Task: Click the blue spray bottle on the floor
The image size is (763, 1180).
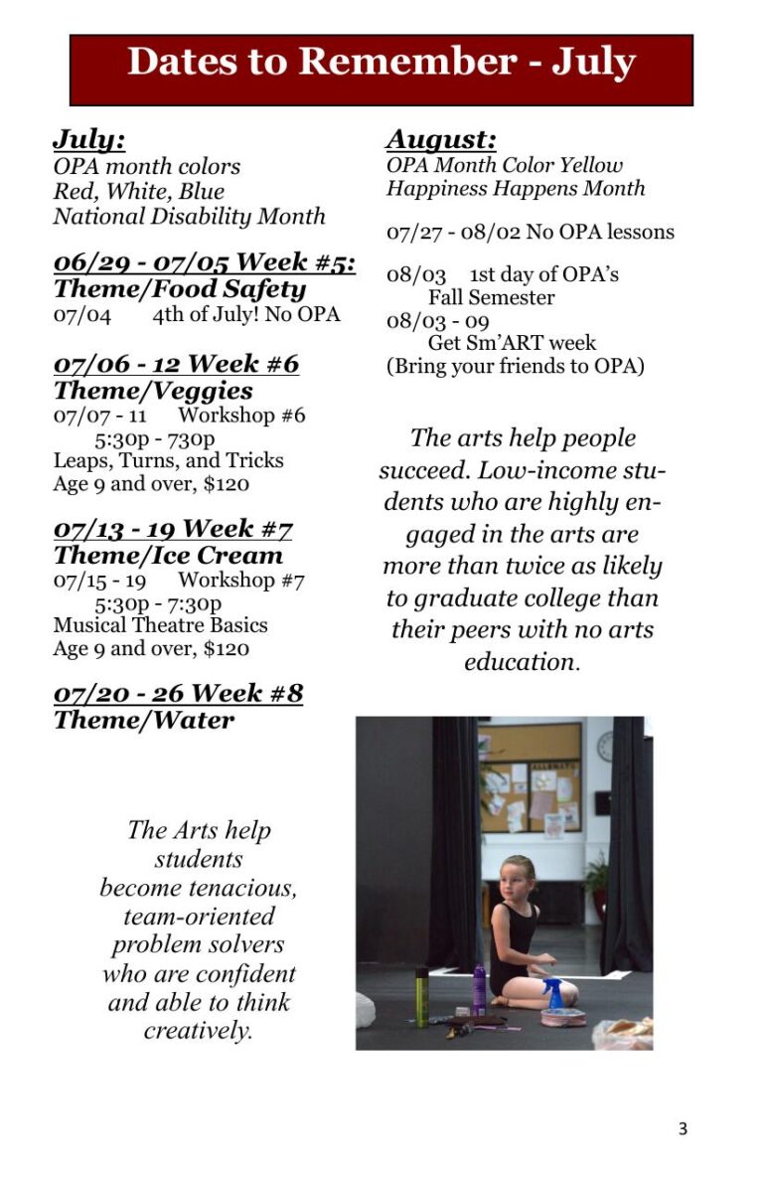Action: pyautogui.click(x=553, y=993)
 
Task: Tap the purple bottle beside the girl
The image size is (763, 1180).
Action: pyautogui.click(x=479, y=988)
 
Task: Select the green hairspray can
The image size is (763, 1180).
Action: pyautogui.click(x=422, y=996)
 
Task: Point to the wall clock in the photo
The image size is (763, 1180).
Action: pyautogui.click(x=605, y=746)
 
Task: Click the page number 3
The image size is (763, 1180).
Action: pyautogui.click(x=682, y=1128)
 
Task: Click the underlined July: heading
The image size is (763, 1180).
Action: pyautogui.click(x=88, y=138)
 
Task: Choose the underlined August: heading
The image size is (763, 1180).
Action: pyautogui.click(x=441, y=138)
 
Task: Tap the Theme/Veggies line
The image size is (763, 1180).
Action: pyautogui.click(x=153, y=391)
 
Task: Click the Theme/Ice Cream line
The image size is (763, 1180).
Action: pyautogui.click(x=168, y=555)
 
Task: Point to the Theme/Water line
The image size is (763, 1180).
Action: pyautogui.click(x=144, y=720)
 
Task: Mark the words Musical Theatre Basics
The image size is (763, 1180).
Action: pyautogui.click(x=160, y=625)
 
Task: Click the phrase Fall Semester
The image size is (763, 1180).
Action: pyautogui.click(x=491, y=297)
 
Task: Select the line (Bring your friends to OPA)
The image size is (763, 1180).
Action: pyautogui.click(x=515, y=366)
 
